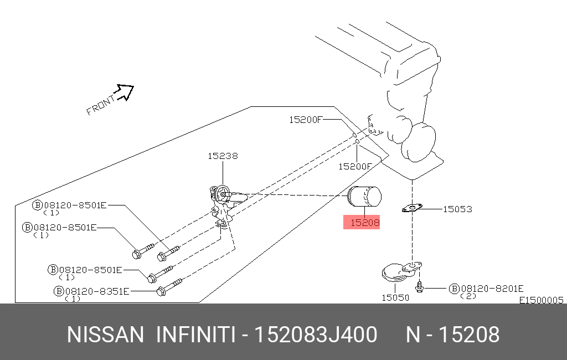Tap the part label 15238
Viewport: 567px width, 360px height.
223,156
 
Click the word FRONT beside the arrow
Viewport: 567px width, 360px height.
100,105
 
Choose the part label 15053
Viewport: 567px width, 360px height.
457,209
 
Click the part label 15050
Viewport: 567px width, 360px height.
395,297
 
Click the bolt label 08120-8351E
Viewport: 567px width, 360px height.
97,290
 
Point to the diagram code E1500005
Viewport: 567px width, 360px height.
541,300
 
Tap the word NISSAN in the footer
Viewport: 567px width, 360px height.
105,335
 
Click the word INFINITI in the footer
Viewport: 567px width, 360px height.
197,335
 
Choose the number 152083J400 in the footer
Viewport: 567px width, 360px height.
316,335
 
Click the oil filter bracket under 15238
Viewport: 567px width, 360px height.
223,205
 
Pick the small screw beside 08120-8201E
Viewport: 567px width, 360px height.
420,287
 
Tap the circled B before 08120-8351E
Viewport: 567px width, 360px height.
59,290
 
